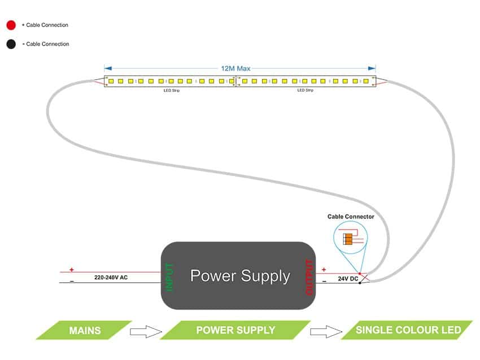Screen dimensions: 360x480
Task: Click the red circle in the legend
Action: pos(11,25)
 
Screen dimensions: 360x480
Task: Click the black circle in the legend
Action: pos(11,44)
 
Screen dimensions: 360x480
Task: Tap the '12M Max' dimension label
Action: pos(235,68)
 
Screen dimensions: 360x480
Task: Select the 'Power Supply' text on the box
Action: pos(240,276)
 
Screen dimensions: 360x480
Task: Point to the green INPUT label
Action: pos(170,276)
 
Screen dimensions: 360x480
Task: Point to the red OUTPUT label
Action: pos(309,277)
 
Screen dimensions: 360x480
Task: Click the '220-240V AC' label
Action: pos(111,278)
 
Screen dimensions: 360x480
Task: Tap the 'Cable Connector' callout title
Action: pos(351,217)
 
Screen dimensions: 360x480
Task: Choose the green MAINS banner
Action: pos(85,330)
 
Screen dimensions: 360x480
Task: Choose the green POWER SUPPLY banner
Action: pos(235,330)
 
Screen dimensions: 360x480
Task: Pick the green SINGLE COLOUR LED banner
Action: pos(408,330)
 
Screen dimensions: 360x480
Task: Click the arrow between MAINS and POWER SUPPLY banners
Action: pos(146,331)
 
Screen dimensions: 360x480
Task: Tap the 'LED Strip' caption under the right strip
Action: pos(305,90)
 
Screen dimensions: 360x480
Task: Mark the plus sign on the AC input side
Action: pos(71,270)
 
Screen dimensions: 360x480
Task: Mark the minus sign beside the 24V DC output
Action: pos(324,280)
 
